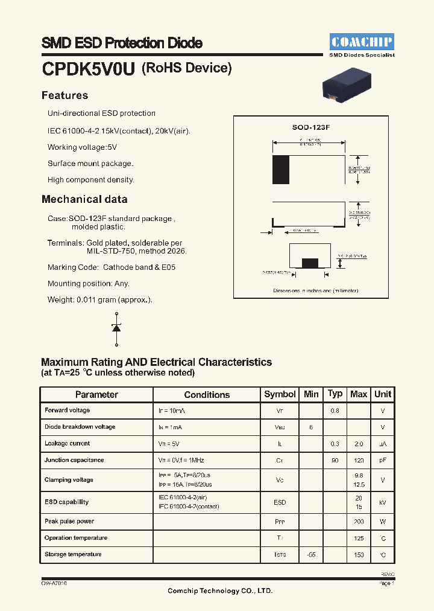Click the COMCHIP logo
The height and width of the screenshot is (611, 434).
[x=362, y=42]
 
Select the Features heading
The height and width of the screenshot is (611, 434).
[x=64, y=95]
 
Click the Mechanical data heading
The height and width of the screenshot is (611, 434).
[x=84, y=199]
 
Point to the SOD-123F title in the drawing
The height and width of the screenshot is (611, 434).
[x=311, y=127]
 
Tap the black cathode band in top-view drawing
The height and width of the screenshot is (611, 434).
[x=281, y=170]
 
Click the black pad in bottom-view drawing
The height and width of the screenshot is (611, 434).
[x=310, y=263]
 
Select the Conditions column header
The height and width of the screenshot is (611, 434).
[x=207, y=395]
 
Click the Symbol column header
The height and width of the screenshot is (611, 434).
[x=280, y=394]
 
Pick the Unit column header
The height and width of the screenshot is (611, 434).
[x=383, y=394]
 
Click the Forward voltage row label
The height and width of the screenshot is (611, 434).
[x=67, y=411]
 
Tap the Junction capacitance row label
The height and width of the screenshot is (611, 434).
[x=74, y=460]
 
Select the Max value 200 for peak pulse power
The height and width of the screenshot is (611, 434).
[x=359, y=521]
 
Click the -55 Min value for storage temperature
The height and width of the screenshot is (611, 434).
[x=311, y=554]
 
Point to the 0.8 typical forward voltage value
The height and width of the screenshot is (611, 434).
[x=335, y=411]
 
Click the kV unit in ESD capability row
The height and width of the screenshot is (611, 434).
[x=383, y=502]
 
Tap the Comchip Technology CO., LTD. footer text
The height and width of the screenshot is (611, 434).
[x=220, y=590]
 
